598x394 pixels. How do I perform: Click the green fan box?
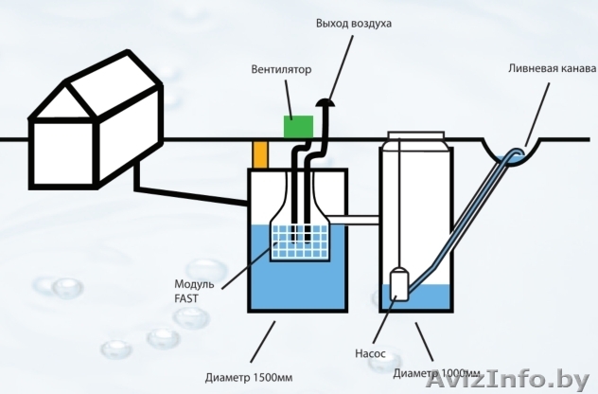(299, 125)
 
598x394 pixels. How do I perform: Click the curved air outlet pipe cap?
(327, 101)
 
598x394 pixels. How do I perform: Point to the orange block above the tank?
(260, 153)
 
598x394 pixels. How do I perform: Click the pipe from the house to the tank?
(189, 189)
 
